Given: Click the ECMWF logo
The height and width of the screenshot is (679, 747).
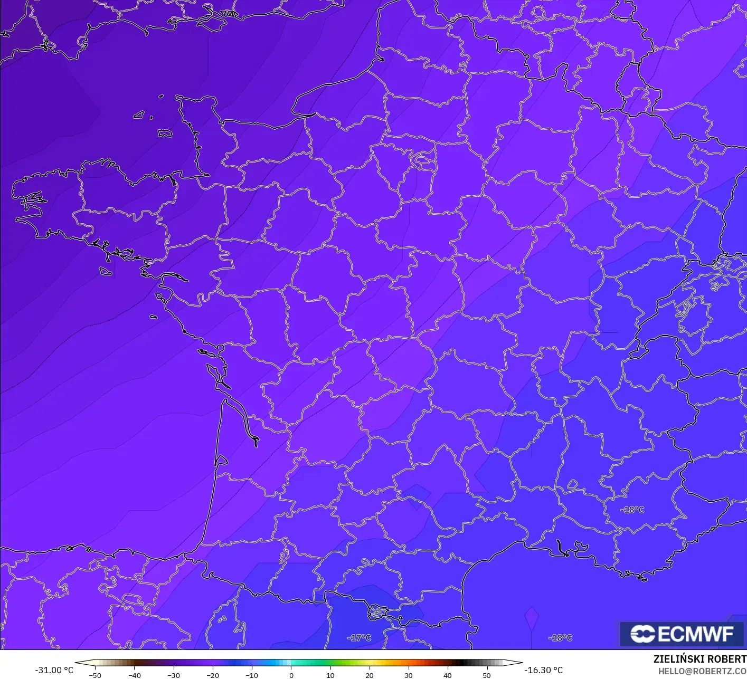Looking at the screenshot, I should click(682, 634).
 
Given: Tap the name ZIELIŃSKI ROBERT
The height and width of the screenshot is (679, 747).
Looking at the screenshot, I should click(699, 659).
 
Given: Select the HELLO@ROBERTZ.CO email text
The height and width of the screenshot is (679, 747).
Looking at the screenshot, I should click(702, 671).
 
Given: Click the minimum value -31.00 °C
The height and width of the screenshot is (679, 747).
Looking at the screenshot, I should click(54, 670).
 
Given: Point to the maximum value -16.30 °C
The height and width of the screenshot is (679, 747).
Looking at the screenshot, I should click(543, 670).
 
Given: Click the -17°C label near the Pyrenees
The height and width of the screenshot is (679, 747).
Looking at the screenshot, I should click(359, 638).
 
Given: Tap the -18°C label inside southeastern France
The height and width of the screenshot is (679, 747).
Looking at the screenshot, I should click(632, 510).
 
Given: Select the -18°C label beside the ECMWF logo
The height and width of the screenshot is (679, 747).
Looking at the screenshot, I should click(560, 638).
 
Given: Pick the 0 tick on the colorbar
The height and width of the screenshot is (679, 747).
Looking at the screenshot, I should click(291, 675).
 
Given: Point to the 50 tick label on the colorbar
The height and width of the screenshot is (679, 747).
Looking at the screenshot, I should click(486, 675).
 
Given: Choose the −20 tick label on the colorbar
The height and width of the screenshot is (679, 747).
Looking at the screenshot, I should click(212, 675).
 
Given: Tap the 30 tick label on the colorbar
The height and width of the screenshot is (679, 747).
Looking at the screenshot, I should click(408, 675).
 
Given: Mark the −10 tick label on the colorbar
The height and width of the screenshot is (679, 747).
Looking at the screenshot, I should click(251, 675).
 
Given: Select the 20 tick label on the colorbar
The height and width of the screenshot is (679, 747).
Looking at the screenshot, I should click(369, 675).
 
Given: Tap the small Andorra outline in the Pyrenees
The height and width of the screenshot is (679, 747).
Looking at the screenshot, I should click(378, 612).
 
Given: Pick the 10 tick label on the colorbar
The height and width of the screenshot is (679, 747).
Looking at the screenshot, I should click(330, 675).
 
